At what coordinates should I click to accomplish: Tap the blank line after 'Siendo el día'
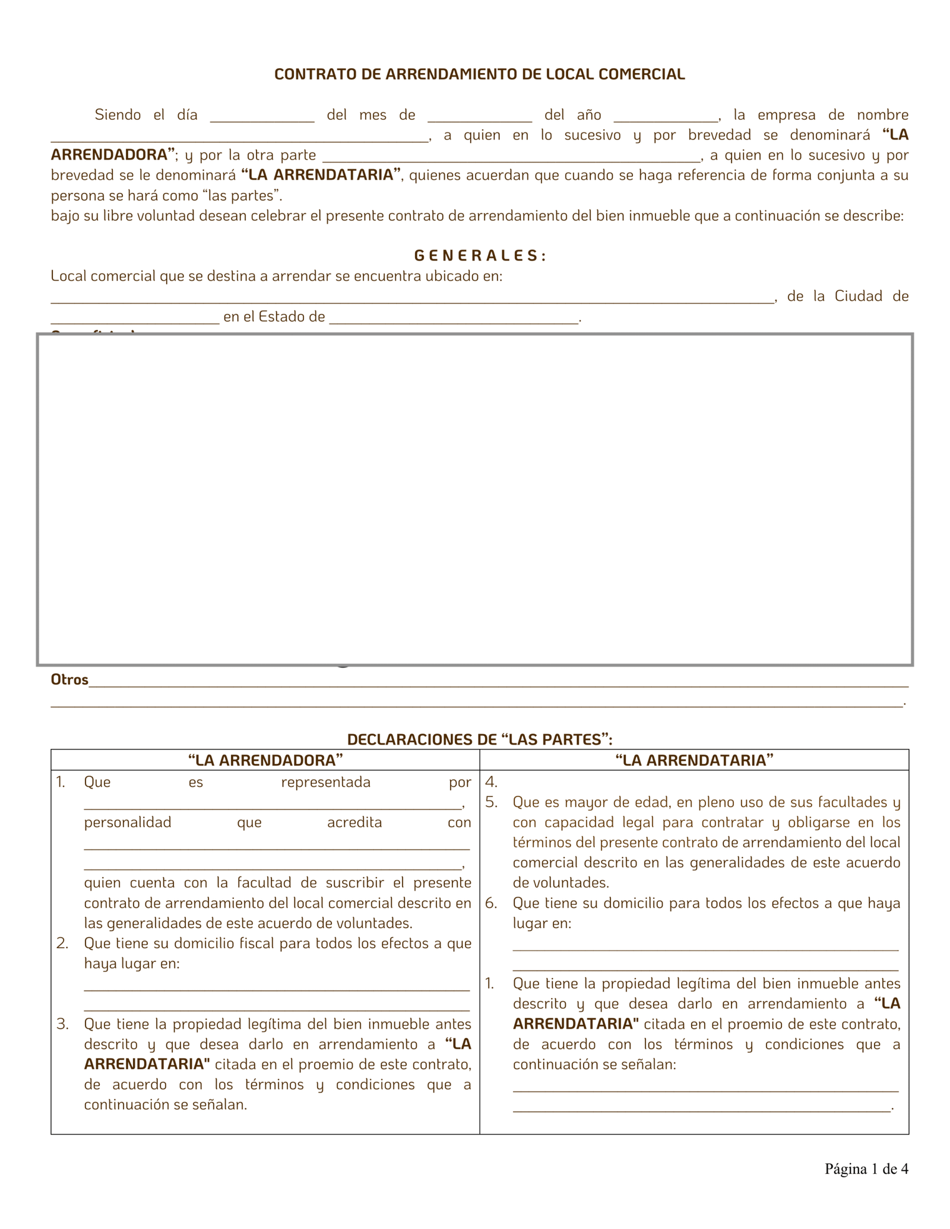pos(262,117)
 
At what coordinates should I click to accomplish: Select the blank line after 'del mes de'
pos(479,117)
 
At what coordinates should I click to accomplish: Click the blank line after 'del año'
pos(666,117)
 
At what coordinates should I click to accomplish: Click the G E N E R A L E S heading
pos(479,256)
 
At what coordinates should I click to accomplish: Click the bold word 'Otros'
pos(69,679)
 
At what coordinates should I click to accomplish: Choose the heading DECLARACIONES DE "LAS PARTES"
pos(479,739)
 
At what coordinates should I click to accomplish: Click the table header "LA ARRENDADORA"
pos(265,760)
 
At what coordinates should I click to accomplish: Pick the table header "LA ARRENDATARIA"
pos(694,760)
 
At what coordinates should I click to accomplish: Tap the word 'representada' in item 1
pos(325,782)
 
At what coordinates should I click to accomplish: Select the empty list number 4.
pos(491,782)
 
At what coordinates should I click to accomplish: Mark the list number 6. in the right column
pos(491,903)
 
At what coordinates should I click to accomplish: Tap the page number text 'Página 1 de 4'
pos(866,1169)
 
